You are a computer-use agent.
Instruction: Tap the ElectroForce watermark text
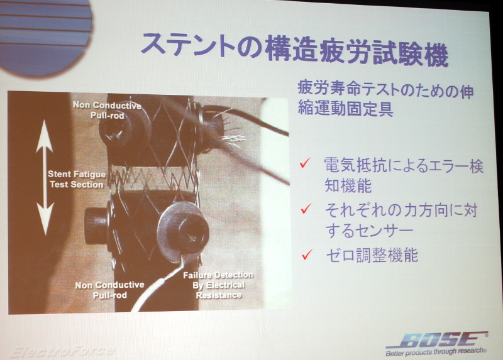coord(62,352)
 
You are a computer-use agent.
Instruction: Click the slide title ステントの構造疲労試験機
coord(294,48)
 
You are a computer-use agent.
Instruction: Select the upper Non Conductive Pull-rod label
coord(107,110)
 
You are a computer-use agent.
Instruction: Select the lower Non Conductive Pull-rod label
coord(109,290)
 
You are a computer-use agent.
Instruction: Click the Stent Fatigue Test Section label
coord(77,179)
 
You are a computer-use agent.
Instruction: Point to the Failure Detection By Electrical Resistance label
coord(218,285)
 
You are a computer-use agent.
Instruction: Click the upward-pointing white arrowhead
coord(44,136)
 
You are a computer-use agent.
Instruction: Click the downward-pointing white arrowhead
coord(45,219)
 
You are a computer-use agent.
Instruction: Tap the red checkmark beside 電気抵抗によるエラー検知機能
coord(305,163)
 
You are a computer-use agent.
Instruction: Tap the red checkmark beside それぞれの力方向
coord(306,209)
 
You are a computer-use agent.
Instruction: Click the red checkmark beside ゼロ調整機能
coord(307,254)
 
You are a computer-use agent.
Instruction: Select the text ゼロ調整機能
coord(372,255)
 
